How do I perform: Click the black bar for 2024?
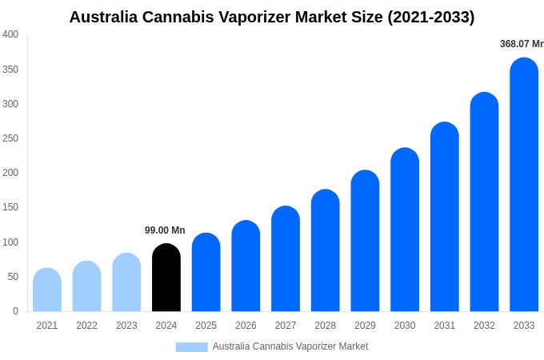[x=166, y=278]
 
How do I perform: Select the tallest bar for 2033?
[x=524, y=186]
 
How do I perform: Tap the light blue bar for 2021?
[x=47, y=290]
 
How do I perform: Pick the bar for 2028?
[x=326, y=251]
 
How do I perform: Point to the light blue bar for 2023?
[x=126, y=283]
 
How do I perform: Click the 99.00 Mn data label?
[x=165, y=230]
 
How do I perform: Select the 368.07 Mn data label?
[x=521, y=44]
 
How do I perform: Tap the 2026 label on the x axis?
[x=246, y=326]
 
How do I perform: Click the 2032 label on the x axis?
[x=484, y=326]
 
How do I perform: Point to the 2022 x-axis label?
[x=87, y=326]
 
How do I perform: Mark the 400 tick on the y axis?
[x=10, y=34]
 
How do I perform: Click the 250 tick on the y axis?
[x=10, y=138]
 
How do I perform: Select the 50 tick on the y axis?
[x=13, y=277]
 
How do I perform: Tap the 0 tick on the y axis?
[x=15, y=311]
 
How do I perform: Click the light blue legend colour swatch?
[x=191, y=347]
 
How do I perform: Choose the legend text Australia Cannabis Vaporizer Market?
[x=290, y=346]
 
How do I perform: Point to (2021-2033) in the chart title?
[x=431, y=17]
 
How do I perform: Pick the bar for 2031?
[x=445, y=218]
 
